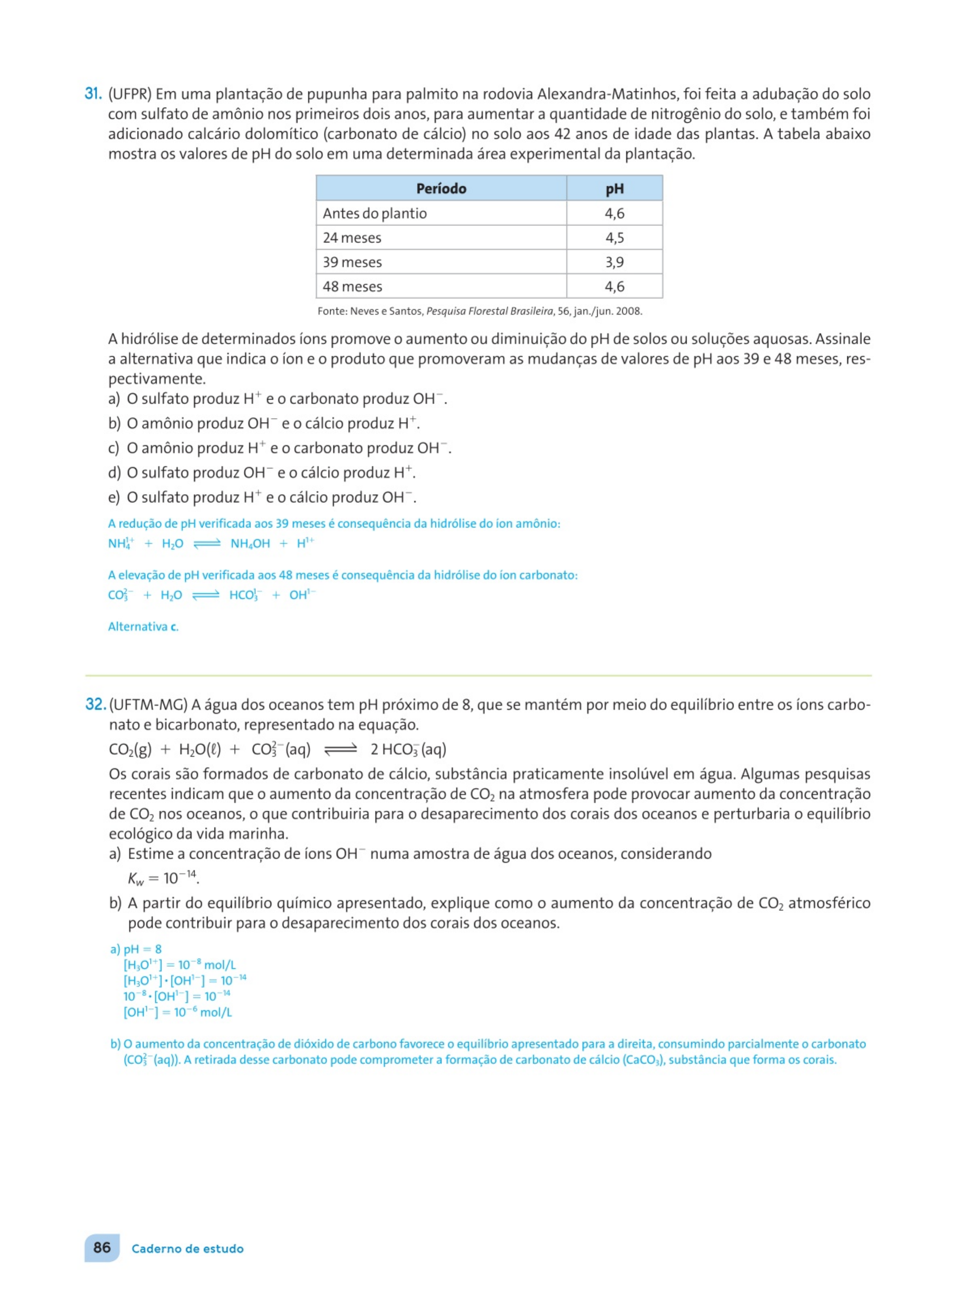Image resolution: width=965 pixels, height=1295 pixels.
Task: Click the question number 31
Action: point(93,93)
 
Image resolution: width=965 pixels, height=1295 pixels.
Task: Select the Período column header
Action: point(441,188)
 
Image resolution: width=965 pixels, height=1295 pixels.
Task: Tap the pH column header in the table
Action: point(614,188)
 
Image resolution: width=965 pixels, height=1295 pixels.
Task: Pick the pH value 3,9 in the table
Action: point(614,262)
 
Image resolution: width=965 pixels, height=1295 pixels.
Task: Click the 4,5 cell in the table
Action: point(614,238)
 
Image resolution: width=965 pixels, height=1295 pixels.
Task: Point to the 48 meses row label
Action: point(352,287)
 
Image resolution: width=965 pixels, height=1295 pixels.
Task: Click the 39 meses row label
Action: point(352,262)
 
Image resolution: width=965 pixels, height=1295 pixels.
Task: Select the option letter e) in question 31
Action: point(114,497)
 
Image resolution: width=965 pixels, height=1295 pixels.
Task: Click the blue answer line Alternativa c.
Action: point(143,626)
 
